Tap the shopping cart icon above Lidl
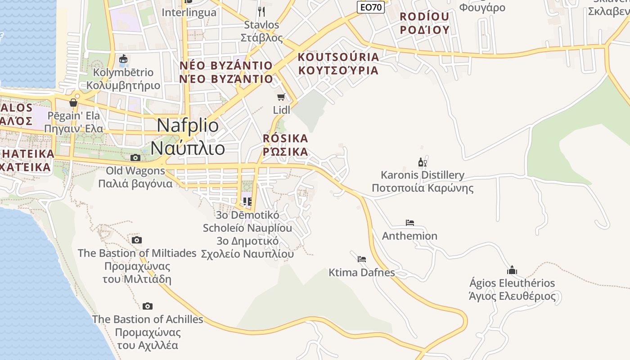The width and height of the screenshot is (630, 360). [281, 97]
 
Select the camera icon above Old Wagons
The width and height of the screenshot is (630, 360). [135, 157]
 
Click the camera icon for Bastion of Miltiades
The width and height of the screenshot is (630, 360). [137, 240]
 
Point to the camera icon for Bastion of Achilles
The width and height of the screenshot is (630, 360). [148, 306]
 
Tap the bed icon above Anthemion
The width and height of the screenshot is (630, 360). [409, 222]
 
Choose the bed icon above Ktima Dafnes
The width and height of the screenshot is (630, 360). [361, 259]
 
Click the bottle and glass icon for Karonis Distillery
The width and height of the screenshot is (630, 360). [422, 162]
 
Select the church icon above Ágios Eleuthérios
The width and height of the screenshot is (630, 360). [512, 270]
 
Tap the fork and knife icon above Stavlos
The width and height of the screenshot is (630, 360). [261, 11]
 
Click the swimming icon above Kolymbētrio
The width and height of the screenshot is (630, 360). [123, 59]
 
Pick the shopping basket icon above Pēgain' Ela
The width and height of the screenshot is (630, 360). [73, 103]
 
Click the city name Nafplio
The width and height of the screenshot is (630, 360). [188, 126]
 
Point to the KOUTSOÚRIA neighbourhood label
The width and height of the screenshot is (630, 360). [338, 57]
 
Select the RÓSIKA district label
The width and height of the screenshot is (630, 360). [285, 138]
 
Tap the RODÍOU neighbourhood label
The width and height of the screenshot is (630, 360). [424, 17]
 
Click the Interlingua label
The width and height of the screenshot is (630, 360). [189, 12]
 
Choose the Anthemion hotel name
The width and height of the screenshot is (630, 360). [409, 236]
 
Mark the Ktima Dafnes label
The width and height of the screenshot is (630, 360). [362, 272]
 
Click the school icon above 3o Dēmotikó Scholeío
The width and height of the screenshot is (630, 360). [247, 201]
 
